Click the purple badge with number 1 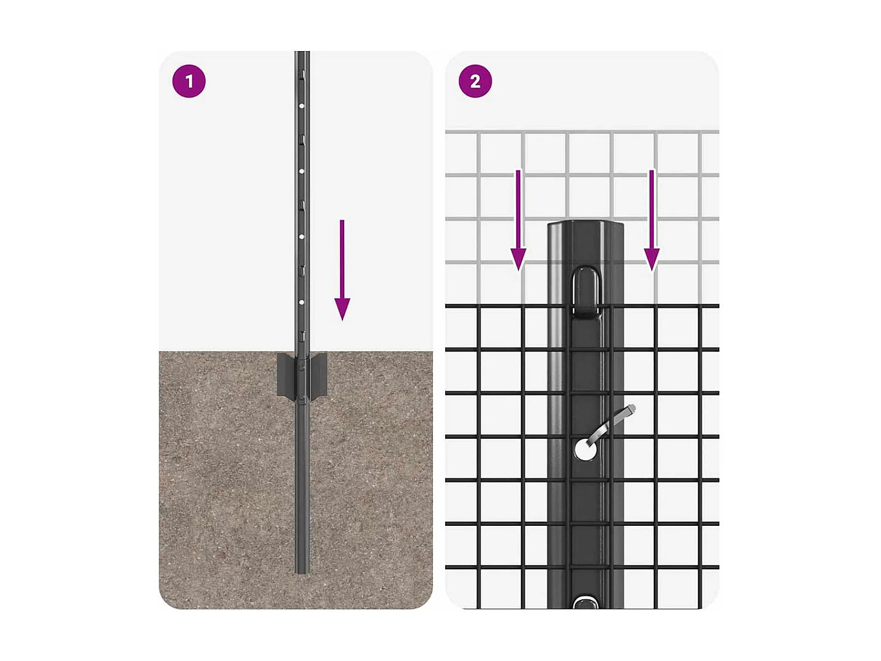tap(189, 81)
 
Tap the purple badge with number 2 tap(475, 81)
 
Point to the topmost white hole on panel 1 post tap(301, 106)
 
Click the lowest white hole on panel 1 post tap(301, 302)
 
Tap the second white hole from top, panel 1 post tap(301, 172)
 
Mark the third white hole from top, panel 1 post tap(301, 237)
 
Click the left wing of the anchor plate tap(286, 375)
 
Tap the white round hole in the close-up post tap(585, 450)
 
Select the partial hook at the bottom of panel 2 tap(586, 602)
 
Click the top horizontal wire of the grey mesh tap(581, 132)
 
